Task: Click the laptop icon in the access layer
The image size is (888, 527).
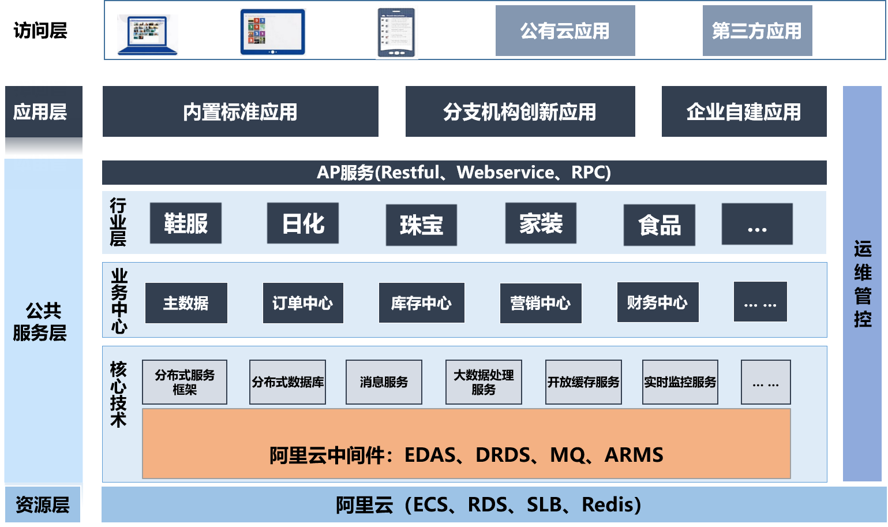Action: coord(147,35)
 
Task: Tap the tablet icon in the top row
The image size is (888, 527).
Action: coord(272,32)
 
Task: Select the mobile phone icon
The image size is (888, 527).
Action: coord(396,33)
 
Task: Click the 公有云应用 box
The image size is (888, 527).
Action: coord(565,31)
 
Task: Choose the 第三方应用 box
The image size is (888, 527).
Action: coord(756,31)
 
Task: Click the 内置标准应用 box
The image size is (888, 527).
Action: coord(240,111)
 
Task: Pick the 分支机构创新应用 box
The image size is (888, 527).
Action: coord(520,111)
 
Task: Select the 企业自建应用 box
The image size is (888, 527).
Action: coord(743,111)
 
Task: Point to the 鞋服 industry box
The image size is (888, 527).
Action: coord(185,223)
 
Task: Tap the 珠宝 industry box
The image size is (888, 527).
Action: coord(421,225)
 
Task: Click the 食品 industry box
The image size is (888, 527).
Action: coord(659,225)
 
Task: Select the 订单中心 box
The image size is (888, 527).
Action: coord(303,303)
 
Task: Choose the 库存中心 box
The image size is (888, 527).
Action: coord(421,303)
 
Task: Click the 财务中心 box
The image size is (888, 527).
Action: coord(657,302)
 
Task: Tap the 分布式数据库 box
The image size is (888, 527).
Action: coord(287,382)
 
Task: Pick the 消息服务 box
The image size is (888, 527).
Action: coord(384,382)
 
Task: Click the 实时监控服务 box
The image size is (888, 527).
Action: coord(680,382)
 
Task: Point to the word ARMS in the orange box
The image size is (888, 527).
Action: coord(634,455)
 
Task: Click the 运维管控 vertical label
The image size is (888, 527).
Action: coord(862,284)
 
